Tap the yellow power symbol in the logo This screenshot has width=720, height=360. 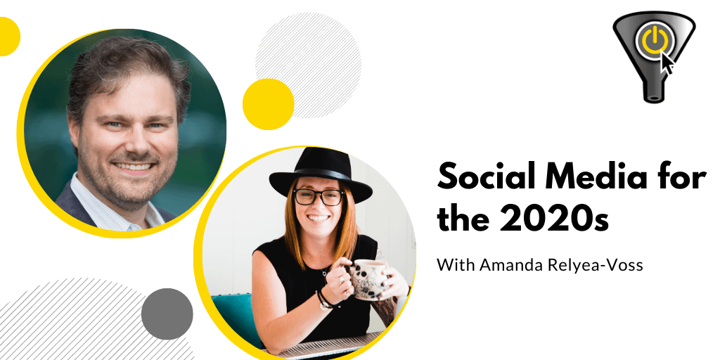[653, 39]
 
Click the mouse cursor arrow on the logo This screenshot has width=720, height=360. [667, 63]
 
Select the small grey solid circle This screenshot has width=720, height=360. [167, 314]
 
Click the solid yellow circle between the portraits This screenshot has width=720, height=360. [268, 104]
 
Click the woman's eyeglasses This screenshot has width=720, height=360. [319, 197]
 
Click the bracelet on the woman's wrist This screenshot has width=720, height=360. [325, 300]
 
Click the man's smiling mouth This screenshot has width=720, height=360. [134, 166]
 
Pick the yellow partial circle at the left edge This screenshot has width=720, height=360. [8, 37]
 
